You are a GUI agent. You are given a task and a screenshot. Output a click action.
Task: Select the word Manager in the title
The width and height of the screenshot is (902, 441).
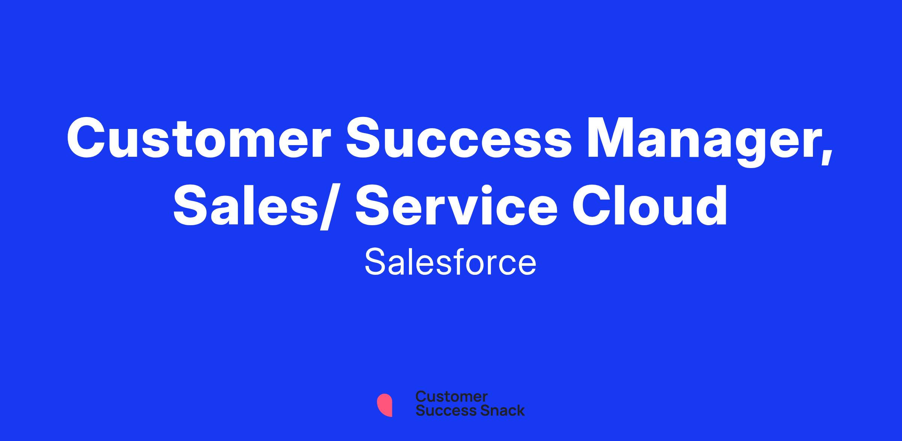tap(699, 143)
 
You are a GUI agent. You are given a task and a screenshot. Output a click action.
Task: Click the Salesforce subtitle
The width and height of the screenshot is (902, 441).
tap(450, 262)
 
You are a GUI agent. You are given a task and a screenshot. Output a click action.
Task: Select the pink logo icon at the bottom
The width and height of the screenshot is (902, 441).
tap(384, 405)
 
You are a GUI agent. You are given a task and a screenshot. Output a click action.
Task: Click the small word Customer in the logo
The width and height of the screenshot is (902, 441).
tap(452, 397)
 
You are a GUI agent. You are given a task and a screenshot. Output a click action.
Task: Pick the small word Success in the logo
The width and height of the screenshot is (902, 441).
tap(441, 411)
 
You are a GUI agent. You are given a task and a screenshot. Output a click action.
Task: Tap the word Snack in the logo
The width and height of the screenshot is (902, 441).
tap(497, 411)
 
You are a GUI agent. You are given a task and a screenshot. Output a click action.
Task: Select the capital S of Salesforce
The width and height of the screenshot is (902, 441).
tap(376, 262)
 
